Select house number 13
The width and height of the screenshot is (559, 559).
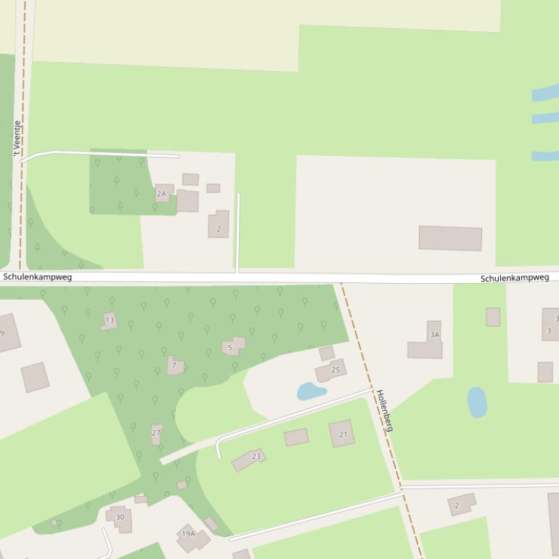(109, 321)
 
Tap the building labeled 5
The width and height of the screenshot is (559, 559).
(232, 346)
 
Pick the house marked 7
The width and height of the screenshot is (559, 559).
(174, 364)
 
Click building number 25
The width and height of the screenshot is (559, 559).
(330, 370)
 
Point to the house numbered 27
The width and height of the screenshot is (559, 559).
(156, 433)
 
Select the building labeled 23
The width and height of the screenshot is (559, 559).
(248, 459)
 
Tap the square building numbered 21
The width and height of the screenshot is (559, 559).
(342, 433)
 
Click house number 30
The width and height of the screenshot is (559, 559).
(120, 518)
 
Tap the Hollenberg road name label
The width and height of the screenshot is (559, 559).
(384, 411)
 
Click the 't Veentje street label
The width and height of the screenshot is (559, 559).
(16, 139)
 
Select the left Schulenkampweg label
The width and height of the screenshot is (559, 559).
(38, 277)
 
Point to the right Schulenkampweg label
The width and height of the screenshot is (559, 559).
(515, 278)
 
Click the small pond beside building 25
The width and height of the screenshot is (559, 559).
(311, 392)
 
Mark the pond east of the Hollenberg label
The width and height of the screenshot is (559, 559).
(476, 401)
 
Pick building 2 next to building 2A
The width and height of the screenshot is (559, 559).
(219, 224)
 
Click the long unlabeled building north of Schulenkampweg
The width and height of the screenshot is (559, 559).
(450, 238)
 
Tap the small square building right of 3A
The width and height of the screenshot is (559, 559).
(493, 317)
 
